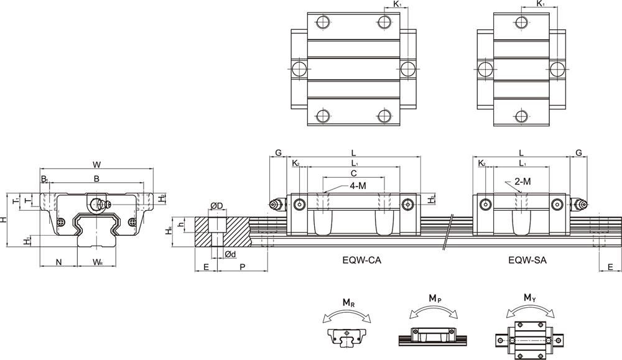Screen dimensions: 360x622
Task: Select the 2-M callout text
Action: [522, 181]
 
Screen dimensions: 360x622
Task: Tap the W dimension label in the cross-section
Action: [96, 164]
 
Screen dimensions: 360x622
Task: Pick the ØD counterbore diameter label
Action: [216, 206]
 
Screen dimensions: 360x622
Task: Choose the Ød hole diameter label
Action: [230, 254]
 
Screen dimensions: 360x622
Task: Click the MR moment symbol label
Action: [349, 304]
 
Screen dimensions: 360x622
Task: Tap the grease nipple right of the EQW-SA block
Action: [579, 204]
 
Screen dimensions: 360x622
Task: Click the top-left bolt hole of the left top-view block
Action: [323, 24]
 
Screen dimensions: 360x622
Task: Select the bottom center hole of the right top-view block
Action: [521, 116]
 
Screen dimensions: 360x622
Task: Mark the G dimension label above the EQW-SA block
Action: [578, 153]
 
